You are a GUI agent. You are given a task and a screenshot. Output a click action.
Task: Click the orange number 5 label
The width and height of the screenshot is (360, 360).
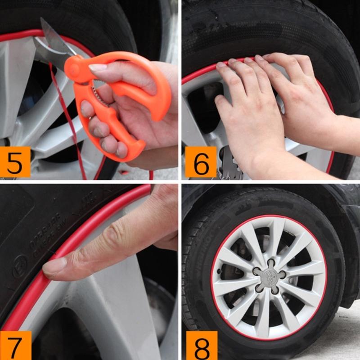(15, 162)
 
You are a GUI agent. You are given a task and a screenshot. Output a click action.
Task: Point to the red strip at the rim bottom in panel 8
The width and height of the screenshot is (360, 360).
(270, 338)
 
